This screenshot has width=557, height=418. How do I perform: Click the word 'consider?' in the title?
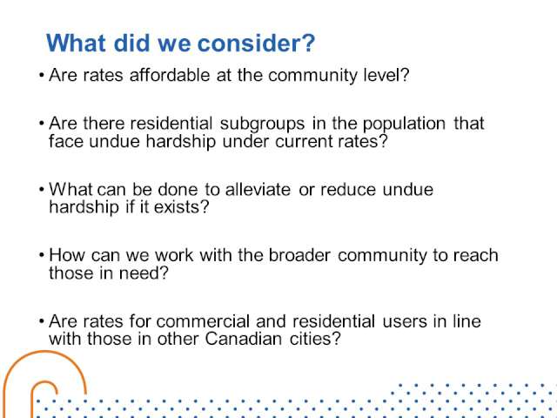(256, 43)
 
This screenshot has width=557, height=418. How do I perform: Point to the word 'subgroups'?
(262, 125)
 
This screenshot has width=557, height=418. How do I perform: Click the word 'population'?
(404, 125)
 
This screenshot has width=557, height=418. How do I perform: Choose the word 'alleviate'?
(258, 189)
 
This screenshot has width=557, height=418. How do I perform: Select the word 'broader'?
(299, 255)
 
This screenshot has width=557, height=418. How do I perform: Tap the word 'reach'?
(476, 255)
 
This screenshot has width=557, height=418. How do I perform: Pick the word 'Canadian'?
(244, 339)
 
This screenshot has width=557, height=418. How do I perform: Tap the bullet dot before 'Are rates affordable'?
(42, 76)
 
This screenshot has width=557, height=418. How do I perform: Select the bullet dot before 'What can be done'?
(42, 190)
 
